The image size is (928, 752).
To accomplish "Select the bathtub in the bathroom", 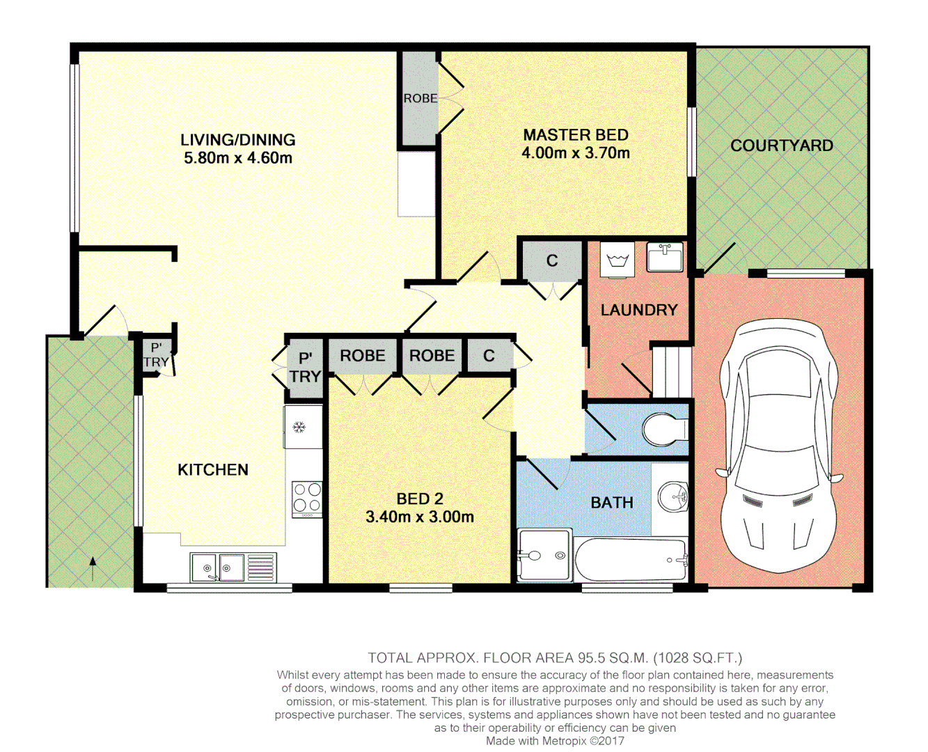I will point(631,560).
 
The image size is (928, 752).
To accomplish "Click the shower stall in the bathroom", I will point(544,555).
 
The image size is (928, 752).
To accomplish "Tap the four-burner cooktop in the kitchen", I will point(306,499).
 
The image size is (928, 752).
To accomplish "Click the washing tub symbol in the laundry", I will point(618,261).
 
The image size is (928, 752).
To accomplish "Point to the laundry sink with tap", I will point(665,257).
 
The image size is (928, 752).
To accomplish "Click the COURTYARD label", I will point(781,146).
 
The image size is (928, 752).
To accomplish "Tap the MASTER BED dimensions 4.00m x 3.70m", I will point(576,153).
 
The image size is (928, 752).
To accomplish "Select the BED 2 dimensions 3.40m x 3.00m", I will point(419,517).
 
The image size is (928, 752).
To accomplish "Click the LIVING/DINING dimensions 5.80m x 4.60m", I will point(238,158).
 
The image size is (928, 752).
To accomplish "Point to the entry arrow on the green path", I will point(93,569).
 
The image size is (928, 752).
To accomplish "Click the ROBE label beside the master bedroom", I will point(420,98).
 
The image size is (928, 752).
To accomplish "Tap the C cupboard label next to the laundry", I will point(552,260).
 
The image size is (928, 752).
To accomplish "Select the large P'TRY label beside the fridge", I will point(305,368).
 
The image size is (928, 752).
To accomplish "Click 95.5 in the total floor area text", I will point(591,657).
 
